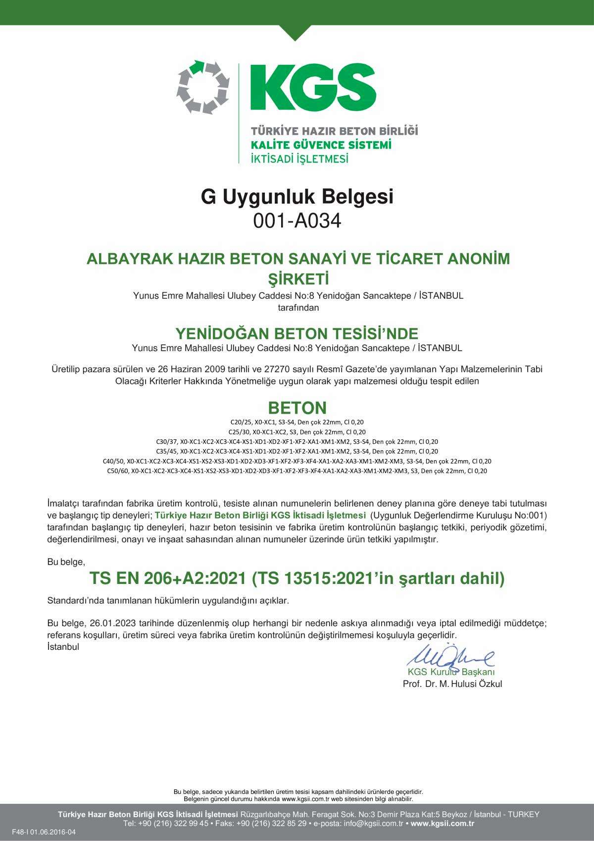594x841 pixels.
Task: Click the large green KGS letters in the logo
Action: pyautogui.click(x=313, y=88)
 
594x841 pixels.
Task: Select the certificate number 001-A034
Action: pyautogui.click(x=297, y=221)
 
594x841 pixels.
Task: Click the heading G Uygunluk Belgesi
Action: pyautogui.click(x=297, y=197)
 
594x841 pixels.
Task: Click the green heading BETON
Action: pyautogui.click(x=297, y=408)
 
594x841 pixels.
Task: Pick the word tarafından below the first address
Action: pyautogui.click(x=297, y=308)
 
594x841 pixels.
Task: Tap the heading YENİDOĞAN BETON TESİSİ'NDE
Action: pyautogui.click(x=297, y=333)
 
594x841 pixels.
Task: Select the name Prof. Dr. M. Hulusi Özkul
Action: pyautogui.click(x=453, y=684)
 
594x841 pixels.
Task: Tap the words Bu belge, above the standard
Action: pyautogui.click(x=66, y=562)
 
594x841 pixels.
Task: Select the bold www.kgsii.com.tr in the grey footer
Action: pyautogui.click(x=443, y=824)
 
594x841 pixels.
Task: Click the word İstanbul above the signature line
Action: pyautogui.click(x=63, y=647)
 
